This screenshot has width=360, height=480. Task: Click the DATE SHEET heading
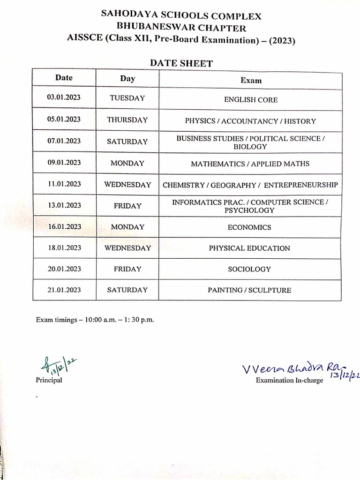point(181,63)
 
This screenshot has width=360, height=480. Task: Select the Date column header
point(64,78)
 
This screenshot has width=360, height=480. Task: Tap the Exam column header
point(251,80)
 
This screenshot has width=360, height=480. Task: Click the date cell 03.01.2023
point(64,98)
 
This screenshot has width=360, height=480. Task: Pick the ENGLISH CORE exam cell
point(251,100)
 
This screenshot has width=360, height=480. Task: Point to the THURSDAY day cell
point(127,120)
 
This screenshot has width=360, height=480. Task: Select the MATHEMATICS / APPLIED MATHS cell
point(250,164)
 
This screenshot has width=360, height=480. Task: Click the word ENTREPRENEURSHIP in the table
point(300,185)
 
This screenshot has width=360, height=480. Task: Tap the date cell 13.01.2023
point(64,205)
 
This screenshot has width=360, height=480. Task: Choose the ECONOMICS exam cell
point(250,227)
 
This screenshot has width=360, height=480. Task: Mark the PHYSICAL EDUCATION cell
point(249,248)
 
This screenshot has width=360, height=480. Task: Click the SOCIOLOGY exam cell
point(249,269)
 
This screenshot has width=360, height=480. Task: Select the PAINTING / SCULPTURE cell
point(249,290)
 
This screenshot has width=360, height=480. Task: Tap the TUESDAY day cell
point(127,98)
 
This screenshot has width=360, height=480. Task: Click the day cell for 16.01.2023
point(127,227)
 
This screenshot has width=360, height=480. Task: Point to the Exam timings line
point(95,320)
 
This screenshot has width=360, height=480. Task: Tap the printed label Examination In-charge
point(289,380)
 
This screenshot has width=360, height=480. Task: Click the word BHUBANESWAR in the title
point(156,28)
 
